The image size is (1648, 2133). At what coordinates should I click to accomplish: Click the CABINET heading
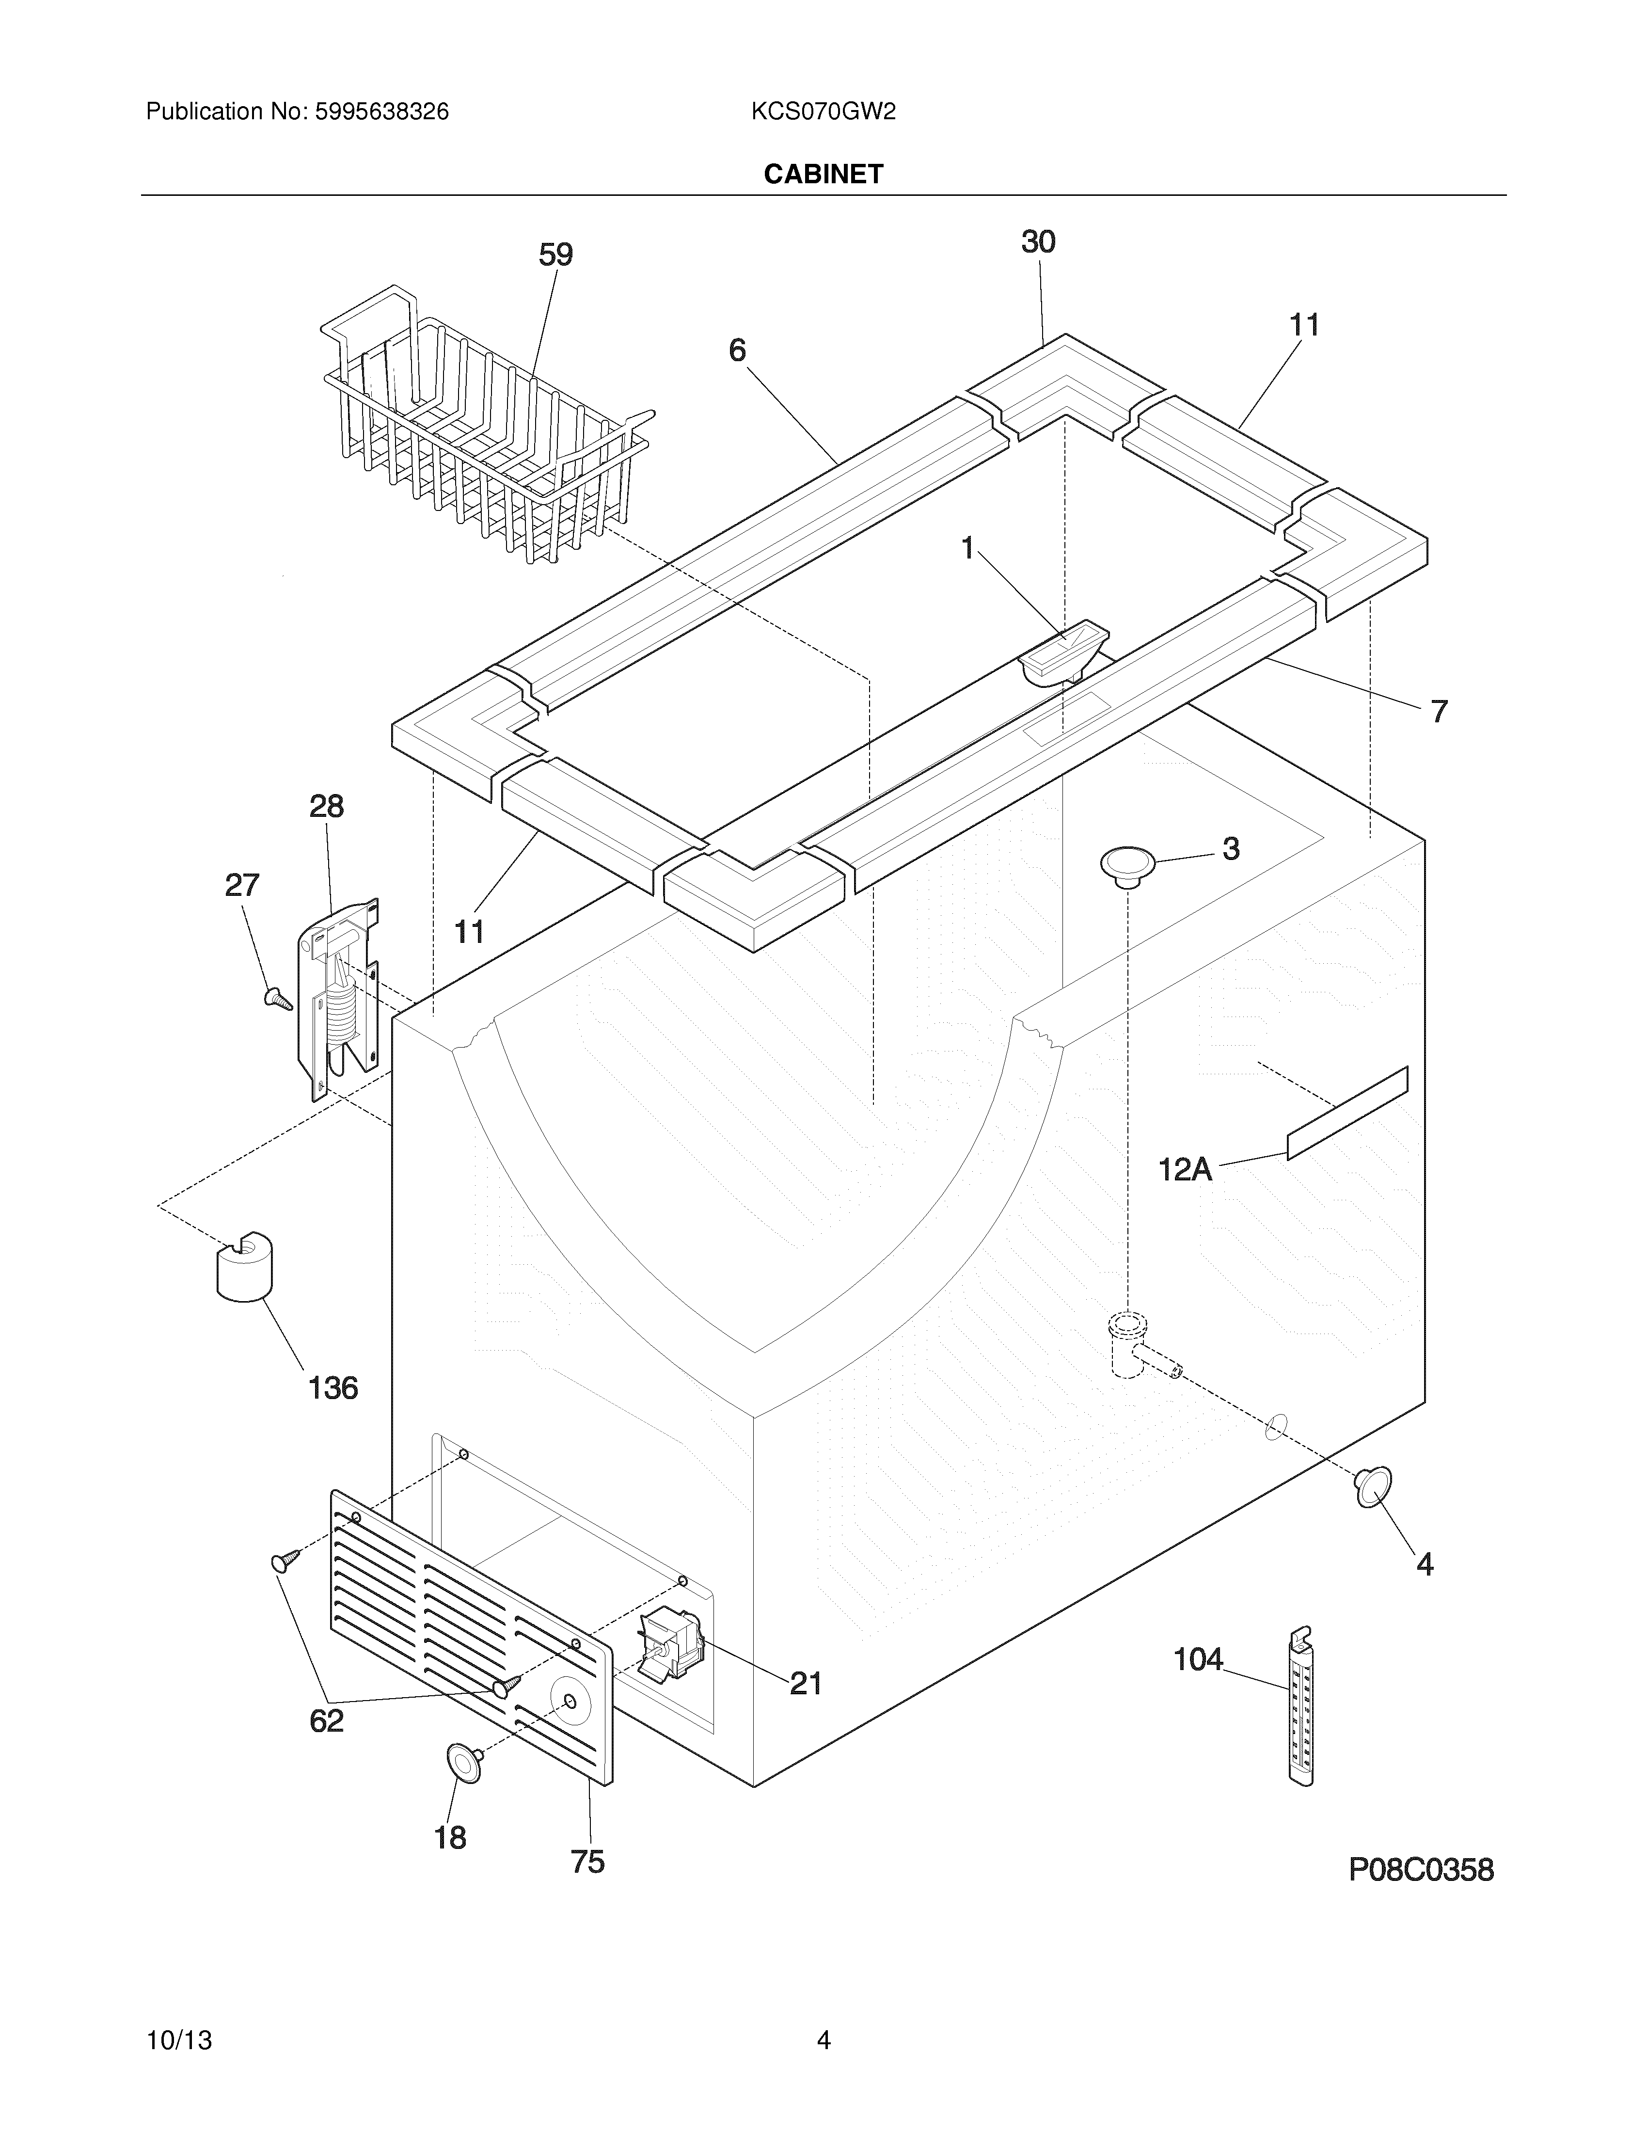pyautogui.click(x=823, y=174)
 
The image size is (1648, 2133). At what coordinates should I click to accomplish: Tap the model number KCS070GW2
pyautogui.click(x=823, y=112)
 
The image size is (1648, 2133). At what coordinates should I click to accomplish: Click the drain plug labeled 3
pyautogui.click(x=1127, y=864)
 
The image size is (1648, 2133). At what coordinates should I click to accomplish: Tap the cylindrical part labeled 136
pyautogui.click(x=244, y=1267)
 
